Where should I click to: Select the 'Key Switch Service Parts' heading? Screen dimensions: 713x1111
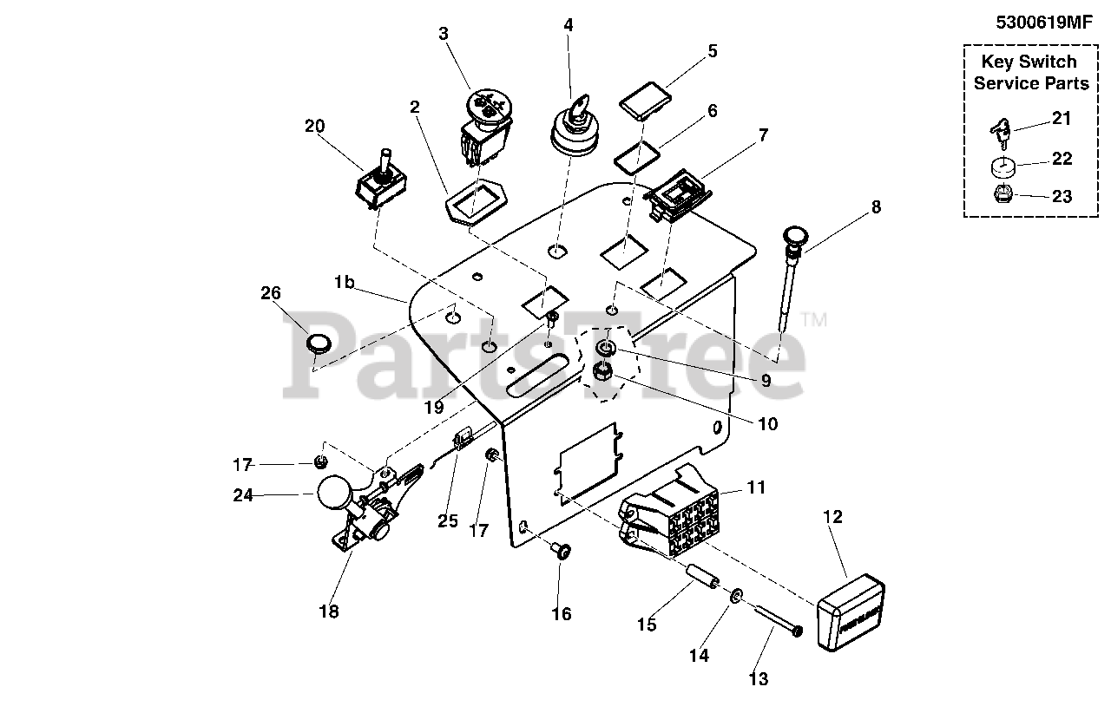(1030, 73)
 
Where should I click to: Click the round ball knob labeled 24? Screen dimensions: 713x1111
(334, 495)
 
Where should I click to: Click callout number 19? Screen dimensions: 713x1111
(434, 407)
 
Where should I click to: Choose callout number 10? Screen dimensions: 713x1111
(767, 424)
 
